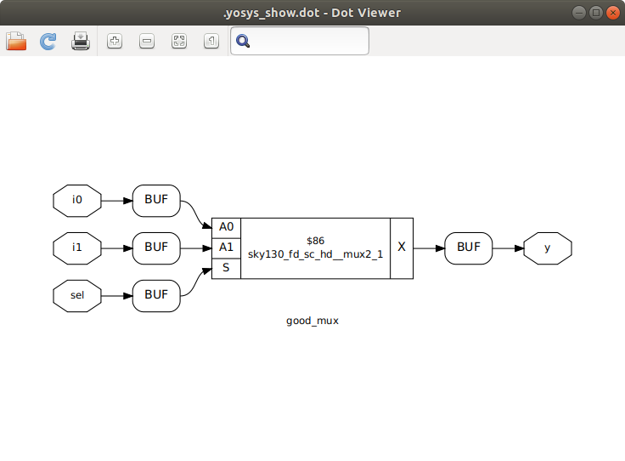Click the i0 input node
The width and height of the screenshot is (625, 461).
[x=77, y=201]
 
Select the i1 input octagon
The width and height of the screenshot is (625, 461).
[x=77, y=248]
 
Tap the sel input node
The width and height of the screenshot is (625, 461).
[x=77, y=296]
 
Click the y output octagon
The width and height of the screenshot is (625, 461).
[x=547, y=248]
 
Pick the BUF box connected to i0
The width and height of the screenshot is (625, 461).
[x=156, y=201]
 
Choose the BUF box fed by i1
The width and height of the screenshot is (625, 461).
[x=156, y=248]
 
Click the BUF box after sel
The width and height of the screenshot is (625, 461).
[x=156, y=296]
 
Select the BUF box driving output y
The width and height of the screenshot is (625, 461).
[x=469, y=248]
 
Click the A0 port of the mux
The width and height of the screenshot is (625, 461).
[x=226, y=227]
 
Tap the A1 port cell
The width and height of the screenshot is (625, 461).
[x=226, y=248]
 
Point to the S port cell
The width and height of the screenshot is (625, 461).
[x=226, y=268]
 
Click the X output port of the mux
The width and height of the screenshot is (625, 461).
[x=402, y=248]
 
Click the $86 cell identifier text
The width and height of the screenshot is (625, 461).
[x=316, y=241]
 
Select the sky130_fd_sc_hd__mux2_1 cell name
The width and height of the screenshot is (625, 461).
[x=316, y=254]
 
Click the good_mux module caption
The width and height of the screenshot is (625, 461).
[x=312, y=321]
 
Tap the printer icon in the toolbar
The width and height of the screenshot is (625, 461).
[x=81, y=41]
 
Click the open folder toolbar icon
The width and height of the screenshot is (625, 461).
[x=16, y=41]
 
